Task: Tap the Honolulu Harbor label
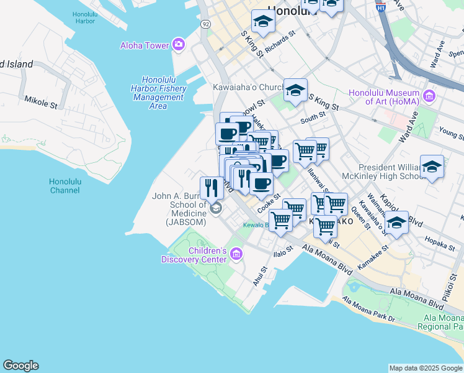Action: pyautogui.click(x=84, y=17)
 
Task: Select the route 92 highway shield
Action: pyautogui.click(x=205, y=23)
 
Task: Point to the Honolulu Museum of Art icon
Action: pyautogui.click(x=429, y=96)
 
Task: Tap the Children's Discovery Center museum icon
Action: pyautogui.click(x=236, y=254)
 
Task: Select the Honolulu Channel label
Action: pyautogui.click(x=65, y=185)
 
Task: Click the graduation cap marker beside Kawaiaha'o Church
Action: pyautogui.click(x=296, y=90)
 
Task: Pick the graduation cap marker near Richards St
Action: pyautogui.click(x=263, y=22)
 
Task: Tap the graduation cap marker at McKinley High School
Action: pyautogui.click(x=432, y=166)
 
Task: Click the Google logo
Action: pyautogui.click(x=20, y=366)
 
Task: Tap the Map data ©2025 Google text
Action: pyautogui.click(x=425, y=368)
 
